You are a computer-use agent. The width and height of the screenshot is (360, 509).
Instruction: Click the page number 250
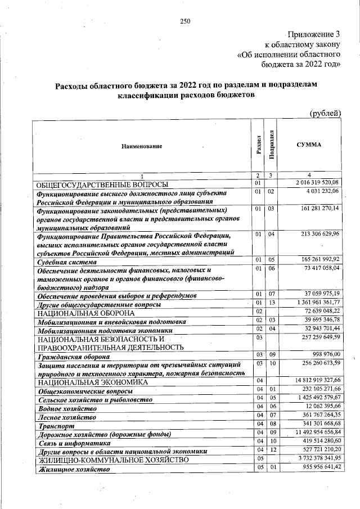coord(185,21)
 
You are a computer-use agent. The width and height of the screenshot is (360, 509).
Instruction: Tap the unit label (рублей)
coord(326,113)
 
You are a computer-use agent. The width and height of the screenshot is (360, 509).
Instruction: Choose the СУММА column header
coord(309,145)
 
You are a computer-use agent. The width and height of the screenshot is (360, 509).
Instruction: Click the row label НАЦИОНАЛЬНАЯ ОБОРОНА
coord(85,313)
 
